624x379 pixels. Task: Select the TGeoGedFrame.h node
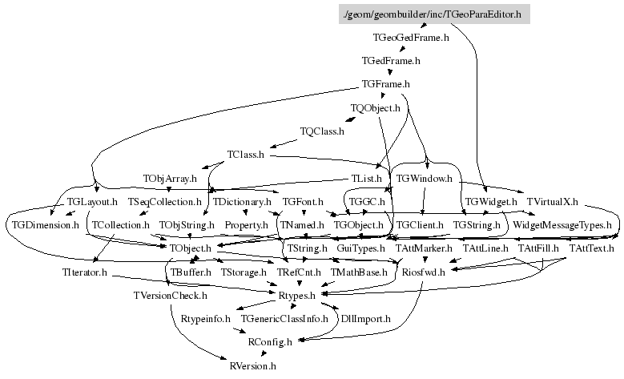pos(411,38)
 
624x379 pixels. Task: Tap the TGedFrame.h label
pos(391,61)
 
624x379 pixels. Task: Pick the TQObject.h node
pos(375,107)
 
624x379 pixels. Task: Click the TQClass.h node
pos(322,131)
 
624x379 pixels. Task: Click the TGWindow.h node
pos(425,177)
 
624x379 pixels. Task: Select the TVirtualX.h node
pos(552,201)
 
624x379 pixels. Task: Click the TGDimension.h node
pos(44,225)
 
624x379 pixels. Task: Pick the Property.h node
pos(245,225)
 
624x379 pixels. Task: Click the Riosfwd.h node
pos(423,272)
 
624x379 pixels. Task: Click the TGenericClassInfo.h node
pos(285,319)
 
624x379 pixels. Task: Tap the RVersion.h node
pos(252,366)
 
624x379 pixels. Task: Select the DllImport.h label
pos(365,319)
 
